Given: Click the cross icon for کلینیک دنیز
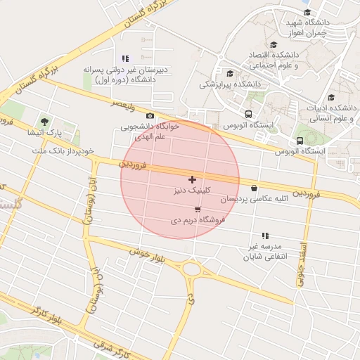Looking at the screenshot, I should click(x=193, y=180).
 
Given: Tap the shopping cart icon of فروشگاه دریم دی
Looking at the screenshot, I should click(x=198, y=210).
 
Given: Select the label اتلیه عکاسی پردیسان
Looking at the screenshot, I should click(x=220, y=200).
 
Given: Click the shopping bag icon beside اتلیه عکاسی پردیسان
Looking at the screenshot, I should click(x=254, y=188).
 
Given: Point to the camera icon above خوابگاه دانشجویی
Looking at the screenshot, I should click(x=150, y=116).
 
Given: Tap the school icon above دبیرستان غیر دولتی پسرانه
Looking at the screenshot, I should click(x=125, y=58).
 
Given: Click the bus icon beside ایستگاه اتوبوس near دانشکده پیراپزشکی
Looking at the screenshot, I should click(x=247, y=114).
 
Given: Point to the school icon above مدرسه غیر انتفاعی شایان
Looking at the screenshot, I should click(x=265, y=236).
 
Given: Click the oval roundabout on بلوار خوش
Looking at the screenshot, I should click(x=191, y=268).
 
